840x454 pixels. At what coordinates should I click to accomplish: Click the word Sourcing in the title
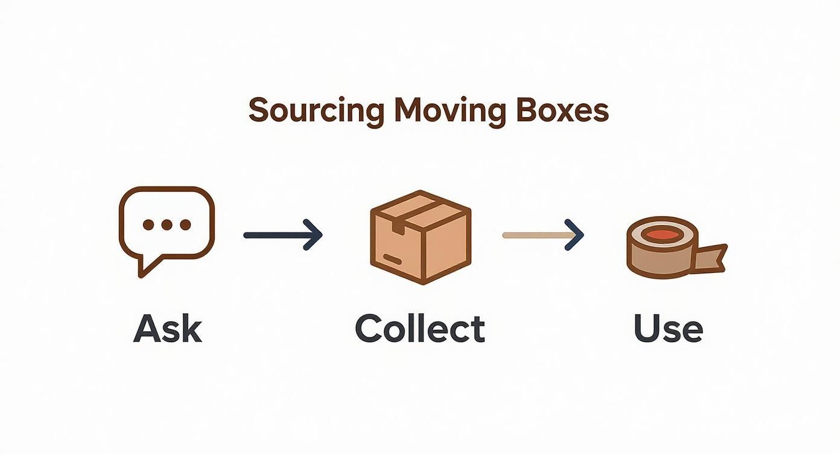pos(316,111)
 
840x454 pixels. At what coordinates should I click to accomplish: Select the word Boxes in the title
pos(562,111)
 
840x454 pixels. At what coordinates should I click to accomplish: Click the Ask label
pos(168,329)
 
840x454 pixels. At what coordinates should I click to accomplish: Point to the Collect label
pos(420,329)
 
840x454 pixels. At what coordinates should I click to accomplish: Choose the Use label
pos(668,329)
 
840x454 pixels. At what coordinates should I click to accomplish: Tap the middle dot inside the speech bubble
pos(167,225)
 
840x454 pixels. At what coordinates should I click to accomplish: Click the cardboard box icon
pos(420,237)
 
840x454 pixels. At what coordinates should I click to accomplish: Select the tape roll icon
pos(670,248)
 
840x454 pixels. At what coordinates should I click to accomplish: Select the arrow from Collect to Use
pos(543,235)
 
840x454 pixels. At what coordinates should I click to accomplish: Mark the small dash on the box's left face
pos(392,260)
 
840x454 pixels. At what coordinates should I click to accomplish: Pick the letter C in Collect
pos(369,329)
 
